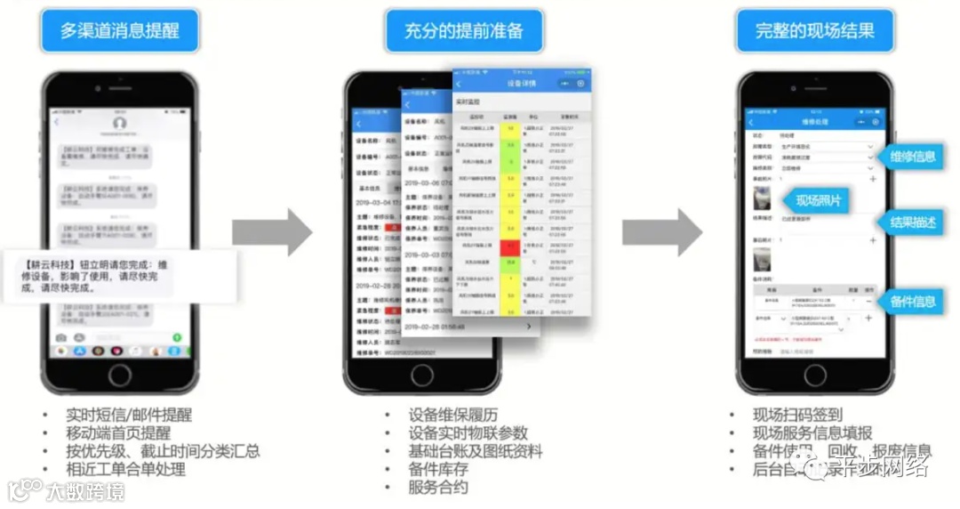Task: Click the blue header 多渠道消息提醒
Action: [119, 31]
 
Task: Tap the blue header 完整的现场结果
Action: [814, 31]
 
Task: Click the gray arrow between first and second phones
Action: [272, 233]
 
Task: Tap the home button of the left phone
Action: [120, 374]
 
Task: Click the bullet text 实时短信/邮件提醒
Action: [128, 415]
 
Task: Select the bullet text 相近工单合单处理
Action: [125, 469]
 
